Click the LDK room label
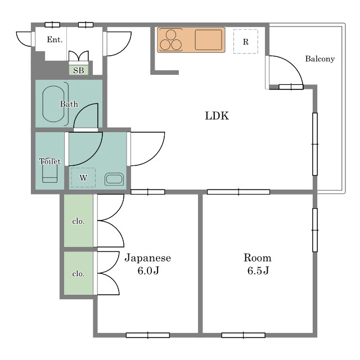(x=217, y=116)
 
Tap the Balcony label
(x=320, y=59)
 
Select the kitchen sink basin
(x=209, y=40)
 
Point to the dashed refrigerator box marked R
(x=246, y=42)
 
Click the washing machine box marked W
(x=83, y=178)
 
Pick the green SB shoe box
(x=79, y=70)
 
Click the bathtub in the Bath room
(x=53, y=103)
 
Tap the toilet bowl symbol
(x=49, y=172)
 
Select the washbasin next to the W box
(x=114, y=179)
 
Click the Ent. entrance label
(x=55, y=39)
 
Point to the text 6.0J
(x=148, y=271)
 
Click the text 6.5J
(x=258, y=271)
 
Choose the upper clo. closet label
(x=78, y=221)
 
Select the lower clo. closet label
(x=78, y=274)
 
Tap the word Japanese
(x=148, y=258)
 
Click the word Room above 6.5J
(x=258, y=258)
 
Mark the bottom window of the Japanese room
(x=148, y=335)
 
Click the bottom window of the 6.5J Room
(x=244, y=335)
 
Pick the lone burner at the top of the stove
(x=171, y=35)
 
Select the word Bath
(x=69, y=104)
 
